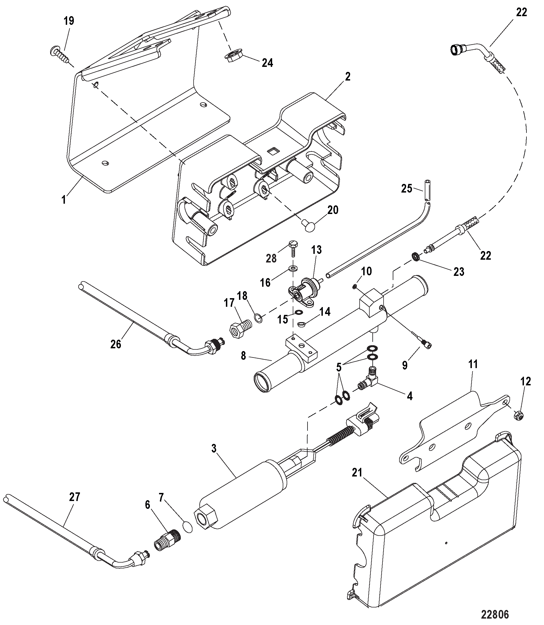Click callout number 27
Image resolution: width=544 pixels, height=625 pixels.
click(x=74, y=497)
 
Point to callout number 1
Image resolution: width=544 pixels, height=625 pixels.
click(x=64, y=200)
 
